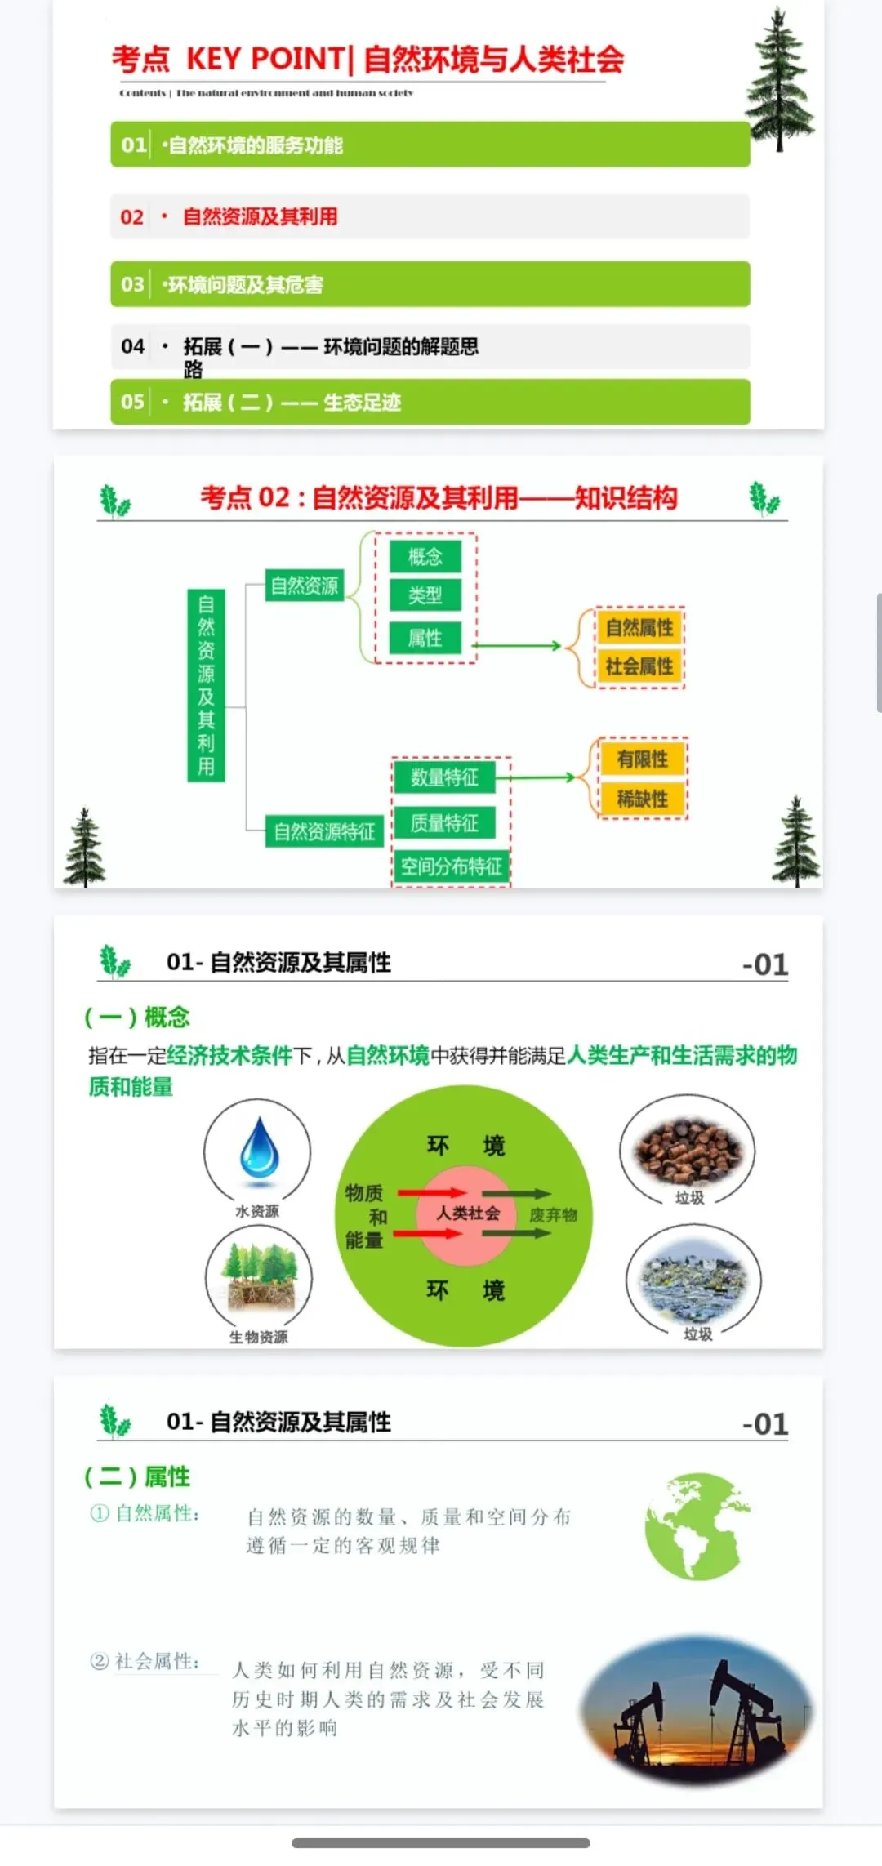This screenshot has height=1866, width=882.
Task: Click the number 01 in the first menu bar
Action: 133,145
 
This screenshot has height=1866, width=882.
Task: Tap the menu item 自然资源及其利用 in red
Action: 260,216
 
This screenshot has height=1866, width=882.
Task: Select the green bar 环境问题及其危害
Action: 430,284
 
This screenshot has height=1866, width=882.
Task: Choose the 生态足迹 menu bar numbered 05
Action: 430,402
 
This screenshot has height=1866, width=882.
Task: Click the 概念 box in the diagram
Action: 425,557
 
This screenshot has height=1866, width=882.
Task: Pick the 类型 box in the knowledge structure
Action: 425,595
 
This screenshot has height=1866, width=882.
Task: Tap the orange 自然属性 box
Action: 639,627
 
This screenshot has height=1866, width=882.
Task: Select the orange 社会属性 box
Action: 639,666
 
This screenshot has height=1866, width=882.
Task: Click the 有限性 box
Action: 643,759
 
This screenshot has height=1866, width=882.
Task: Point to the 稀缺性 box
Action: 643,799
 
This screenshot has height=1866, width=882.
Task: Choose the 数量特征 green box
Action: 444,777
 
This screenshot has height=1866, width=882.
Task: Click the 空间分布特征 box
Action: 451,866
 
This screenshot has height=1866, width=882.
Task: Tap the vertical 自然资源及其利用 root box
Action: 206,685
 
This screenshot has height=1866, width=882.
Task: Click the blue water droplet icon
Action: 260,1147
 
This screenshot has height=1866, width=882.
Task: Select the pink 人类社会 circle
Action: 466,1214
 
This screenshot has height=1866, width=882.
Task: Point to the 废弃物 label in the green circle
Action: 553,1215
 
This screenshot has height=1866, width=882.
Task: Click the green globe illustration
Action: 695,1525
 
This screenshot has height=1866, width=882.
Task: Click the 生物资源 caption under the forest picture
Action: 258,1337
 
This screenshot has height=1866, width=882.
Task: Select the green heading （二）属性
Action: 137,1476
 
